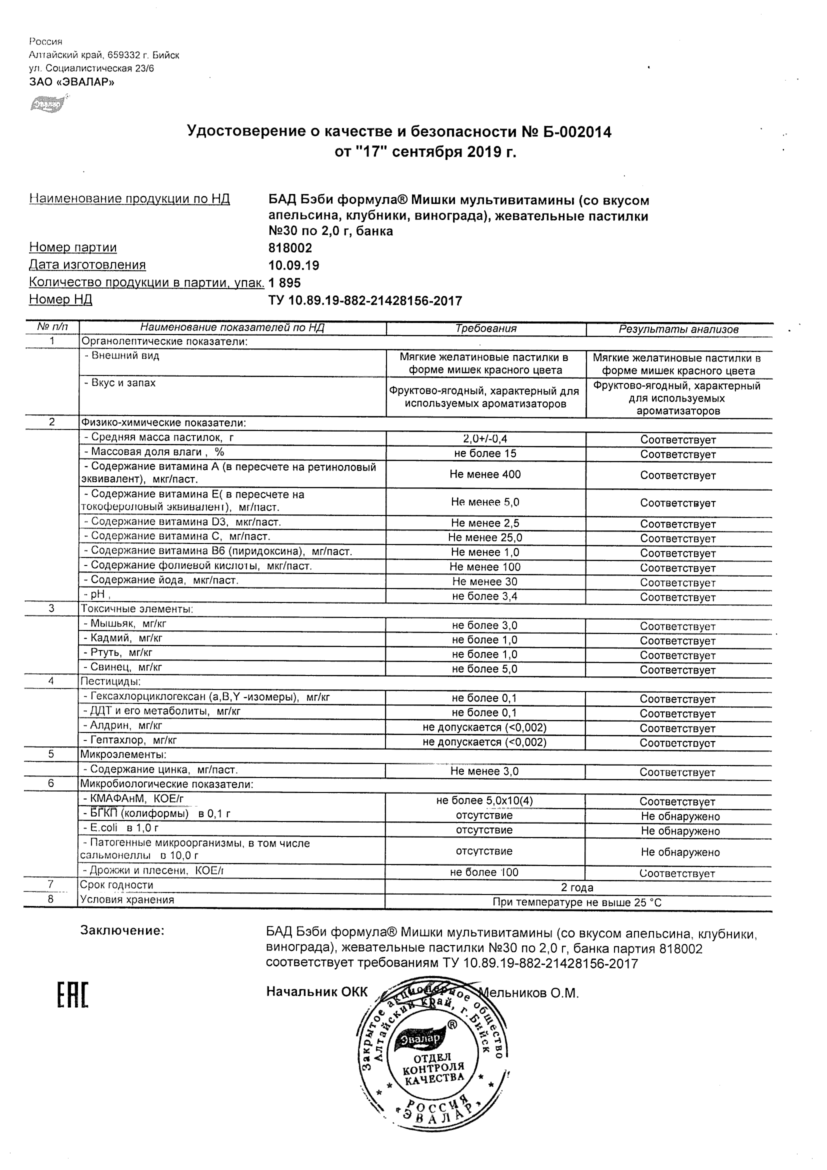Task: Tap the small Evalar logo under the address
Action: point(47,104)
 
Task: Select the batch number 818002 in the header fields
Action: point(290,248)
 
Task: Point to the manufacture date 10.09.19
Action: point(293,265)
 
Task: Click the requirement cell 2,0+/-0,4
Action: point(485,439)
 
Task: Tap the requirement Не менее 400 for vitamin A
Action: point(485,474)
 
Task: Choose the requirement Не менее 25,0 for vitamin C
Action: point(485,537)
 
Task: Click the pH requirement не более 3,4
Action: point(484,596)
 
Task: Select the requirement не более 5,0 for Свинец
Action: point(484,669)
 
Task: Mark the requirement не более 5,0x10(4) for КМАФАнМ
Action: point(484,800)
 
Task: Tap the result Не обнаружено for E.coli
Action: point(680,831)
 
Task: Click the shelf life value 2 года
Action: point(577,887)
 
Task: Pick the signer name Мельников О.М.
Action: point(530,992)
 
